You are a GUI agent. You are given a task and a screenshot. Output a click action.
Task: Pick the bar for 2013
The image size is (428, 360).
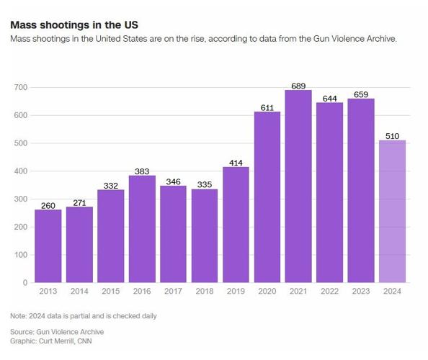click(48, 246)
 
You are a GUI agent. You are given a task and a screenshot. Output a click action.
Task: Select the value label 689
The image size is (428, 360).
click(298, 86)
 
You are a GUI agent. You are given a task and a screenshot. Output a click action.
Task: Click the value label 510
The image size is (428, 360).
click(392, 135)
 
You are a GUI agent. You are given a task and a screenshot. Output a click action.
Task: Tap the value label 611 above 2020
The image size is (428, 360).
click(267, 107)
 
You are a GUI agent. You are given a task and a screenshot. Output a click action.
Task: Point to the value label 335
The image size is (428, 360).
click(204, 184)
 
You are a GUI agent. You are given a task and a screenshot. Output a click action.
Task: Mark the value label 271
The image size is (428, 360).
click(79, 202)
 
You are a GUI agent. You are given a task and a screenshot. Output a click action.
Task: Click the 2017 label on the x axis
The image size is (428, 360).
click(173, 291)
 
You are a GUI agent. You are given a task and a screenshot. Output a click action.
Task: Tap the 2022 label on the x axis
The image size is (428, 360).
click(329, 291)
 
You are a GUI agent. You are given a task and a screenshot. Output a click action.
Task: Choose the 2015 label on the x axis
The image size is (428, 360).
click(110, 291)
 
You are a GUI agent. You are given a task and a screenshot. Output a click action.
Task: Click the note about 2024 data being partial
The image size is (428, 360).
click(83, 316)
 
